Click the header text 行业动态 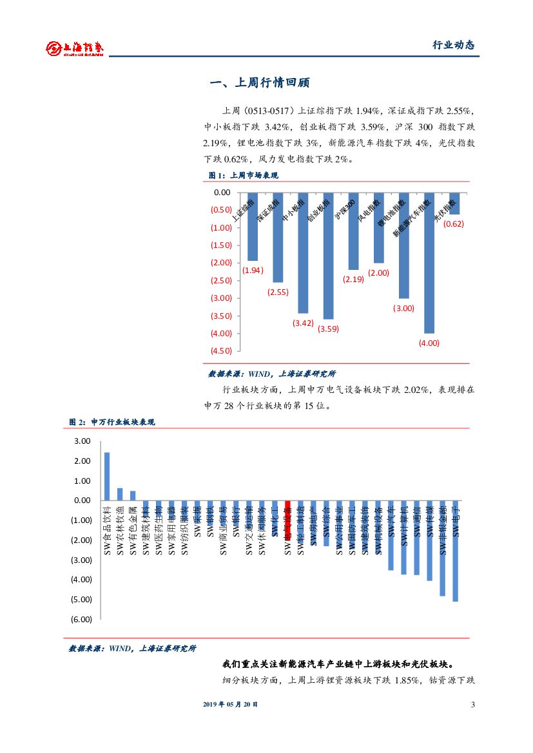click(453, 45)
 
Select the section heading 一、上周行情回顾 click(260, 83)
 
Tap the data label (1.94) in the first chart click(253, 271)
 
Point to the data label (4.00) click(429, 343)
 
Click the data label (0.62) click(454, 224)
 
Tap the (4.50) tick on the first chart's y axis click(222, 350)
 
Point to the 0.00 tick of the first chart click(222, 192)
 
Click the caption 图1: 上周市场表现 click(243, 175)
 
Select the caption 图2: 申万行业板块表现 click(112, 422)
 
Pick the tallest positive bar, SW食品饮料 click(107, 477)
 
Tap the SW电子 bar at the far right click(456, 551)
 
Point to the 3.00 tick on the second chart click(83, 441)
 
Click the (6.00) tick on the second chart click(82, 619)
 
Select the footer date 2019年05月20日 click(231, 705)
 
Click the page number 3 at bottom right click(473, 705)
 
